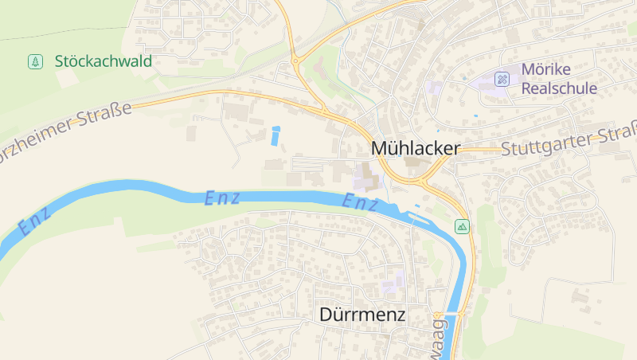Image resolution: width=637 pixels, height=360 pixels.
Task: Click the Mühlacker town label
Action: (416, 149)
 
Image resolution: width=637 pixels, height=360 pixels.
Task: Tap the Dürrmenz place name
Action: (362, 315)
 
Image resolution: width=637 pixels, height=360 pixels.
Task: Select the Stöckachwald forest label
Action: (104, 61)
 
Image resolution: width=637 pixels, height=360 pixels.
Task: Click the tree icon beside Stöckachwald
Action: (35, 61)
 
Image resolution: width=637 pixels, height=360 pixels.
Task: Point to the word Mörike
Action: (545, 69)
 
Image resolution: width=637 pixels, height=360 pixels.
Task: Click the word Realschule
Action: (559, 88)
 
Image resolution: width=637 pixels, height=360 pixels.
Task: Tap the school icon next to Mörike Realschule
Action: (502, 78)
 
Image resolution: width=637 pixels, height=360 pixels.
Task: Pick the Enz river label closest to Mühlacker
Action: (360, 203)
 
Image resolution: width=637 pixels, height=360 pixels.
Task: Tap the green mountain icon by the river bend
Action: (462, 227)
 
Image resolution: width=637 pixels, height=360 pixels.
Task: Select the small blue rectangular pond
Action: (276, 135)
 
